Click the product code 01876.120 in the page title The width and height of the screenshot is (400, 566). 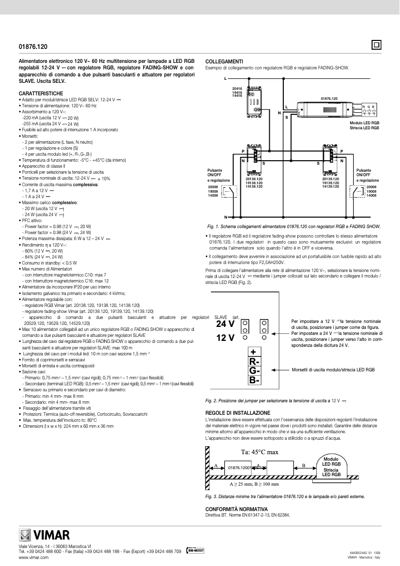pos(33,46)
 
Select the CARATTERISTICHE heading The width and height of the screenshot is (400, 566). pos(41,94)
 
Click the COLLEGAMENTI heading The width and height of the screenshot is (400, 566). pos(224,61)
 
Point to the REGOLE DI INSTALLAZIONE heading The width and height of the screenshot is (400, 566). pos(238,413)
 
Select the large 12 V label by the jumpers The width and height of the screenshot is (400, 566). pos(225,338)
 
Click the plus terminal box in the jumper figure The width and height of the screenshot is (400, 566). pos(253,352)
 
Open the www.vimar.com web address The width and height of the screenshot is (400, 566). pos(33,558)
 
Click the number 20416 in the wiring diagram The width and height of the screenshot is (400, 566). pos(237,88)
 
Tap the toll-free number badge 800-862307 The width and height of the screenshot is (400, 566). pos(195,551)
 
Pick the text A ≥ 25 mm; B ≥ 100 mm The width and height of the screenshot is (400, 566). pos(254,484)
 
